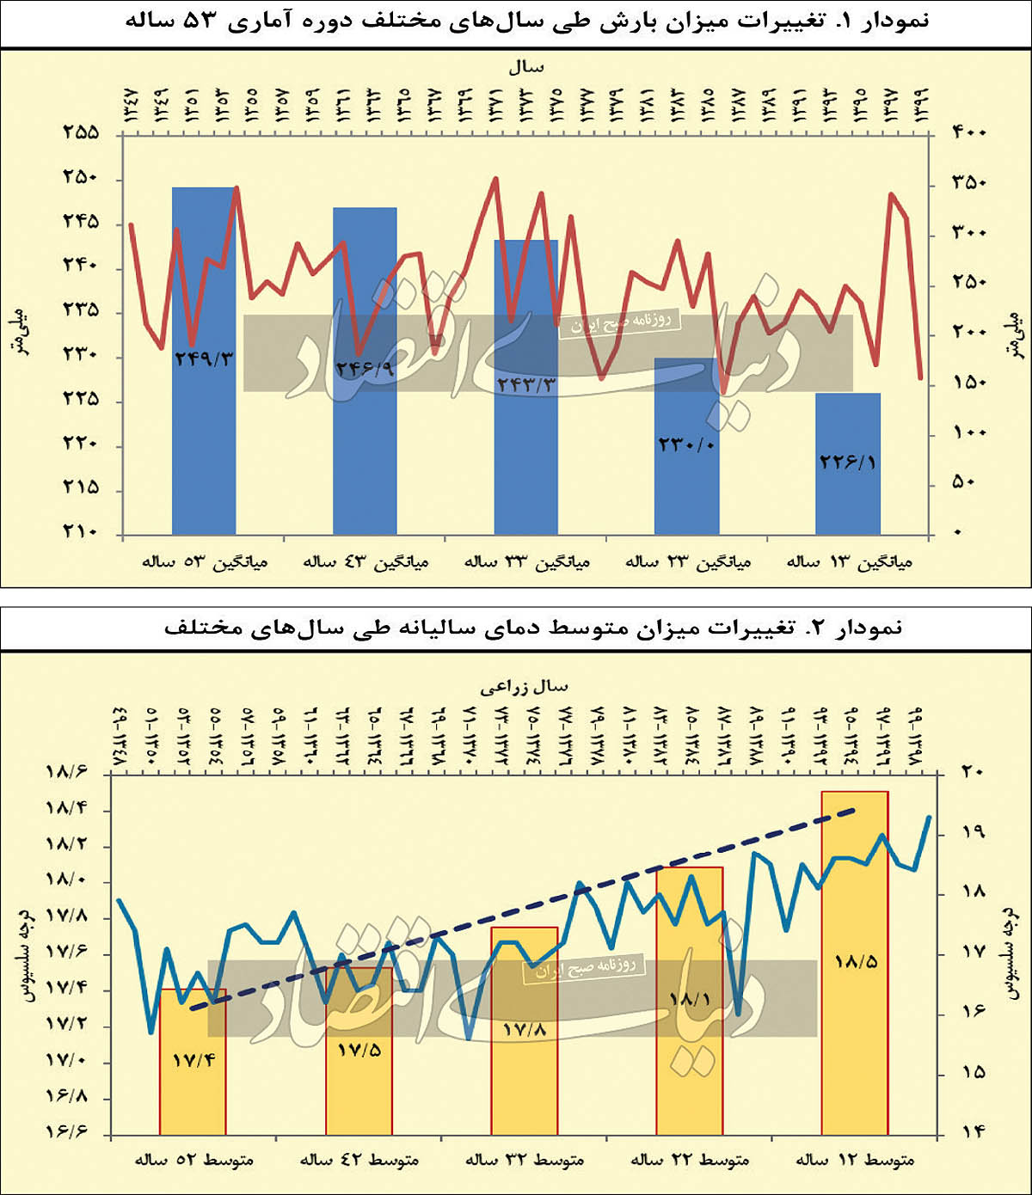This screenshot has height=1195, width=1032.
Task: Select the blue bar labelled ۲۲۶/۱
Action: [x=847, y=499]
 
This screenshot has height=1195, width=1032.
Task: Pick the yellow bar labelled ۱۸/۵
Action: [x=854, y=1032]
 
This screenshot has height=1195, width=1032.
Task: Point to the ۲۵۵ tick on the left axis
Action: [x=81, y=133]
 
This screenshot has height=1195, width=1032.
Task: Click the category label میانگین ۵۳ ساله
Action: [x=205, y=562]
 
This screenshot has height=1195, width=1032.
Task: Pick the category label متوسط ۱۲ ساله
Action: [x=855, y=1161]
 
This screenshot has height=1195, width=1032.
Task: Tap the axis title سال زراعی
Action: [x=524, y=686]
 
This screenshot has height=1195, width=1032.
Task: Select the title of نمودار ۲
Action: [x=533, y=628]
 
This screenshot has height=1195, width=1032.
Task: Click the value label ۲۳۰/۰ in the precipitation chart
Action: [x=686, y=444]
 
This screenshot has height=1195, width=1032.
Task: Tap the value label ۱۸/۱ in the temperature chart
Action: [x=689, y=1000]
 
